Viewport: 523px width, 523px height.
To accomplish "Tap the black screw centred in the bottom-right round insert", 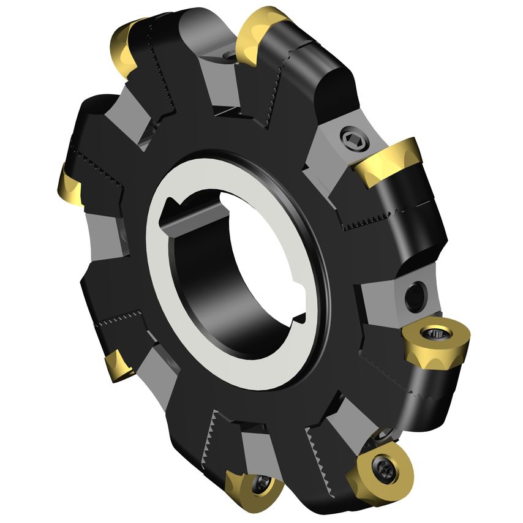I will (383, 475).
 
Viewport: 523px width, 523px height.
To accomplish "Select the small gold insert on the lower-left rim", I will (118, 365).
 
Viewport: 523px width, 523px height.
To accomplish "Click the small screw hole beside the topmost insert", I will (230, 57).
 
